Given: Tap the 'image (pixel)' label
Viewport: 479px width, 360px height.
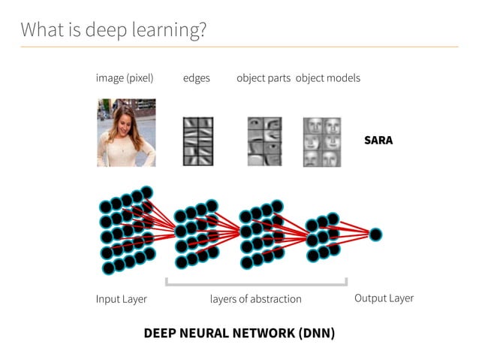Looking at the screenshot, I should click(125, 78).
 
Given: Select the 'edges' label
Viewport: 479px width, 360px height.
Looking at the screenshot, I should click(197, 78).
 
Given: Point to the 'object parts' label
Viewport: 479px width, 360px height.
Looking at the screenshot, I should click(264, 78).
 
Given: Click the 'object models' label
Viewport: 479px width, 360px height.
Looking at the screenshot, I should click(328, 78).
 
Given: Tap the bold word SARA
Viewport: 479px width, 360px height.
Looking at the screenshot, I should click(378, 141).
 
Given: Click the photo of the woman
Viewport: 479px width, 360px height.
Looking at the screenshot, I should click(126, 133).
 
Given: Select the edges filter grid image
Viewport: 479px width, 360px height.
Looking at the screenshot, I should click(199, 141).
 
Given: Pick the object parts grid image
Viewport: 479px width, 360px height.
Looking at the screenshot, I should click(264, 141).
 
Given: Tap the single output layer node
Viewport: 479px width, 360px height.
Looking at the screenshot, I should click(375, 234).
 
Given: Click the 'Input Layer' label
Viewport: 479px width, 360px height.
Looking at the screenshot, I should click(122, 299).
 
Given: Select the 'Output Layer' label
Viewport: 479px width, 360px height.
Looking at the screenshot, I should click(384, 298).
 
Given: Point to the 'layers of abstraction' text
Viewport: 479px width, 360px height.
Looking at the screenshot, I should click(255, 299).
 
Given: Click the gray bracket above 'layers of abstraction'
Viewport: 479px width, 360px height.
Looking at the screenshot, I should click(255, 284).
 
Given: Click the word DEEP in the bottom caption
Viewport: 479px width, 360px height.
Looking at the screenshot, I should click(161, 333).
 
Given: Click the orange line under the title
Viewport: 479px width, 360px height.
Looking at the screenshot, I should click(239, 47).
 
